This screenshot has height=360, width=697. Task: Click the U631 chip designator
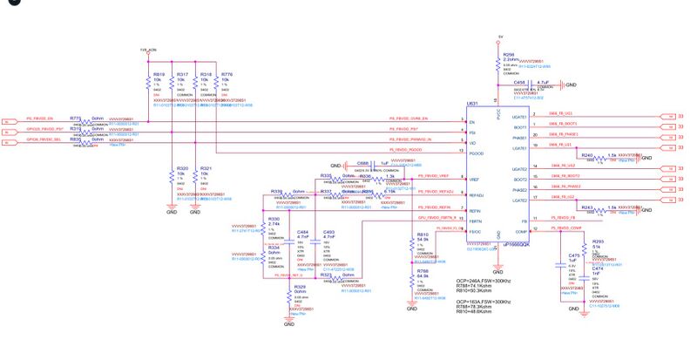coord(471,103)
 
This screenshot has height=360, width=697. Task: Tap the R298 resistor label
coord(510,53)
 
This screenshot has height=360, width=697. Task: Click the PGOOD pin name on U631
coord(475,153)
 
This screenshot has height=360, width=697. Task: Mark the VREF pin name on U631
coord(474,178)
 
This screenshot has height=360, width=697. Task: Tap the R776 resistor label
coord(227,75)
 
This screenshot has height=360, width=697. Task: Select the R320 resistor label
coord(181,167)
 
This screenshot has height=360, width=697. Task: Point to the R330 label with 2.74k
coord(274,219)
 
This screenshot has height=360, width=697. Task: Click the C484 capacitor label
coord(303,232)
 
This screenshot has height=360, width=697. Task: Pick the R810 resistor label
coord(423,234)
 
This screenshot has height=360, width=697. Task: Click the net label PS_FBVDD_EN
coord(39,117)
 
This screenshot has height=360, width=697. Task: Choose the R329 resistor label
coord(299,286)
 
